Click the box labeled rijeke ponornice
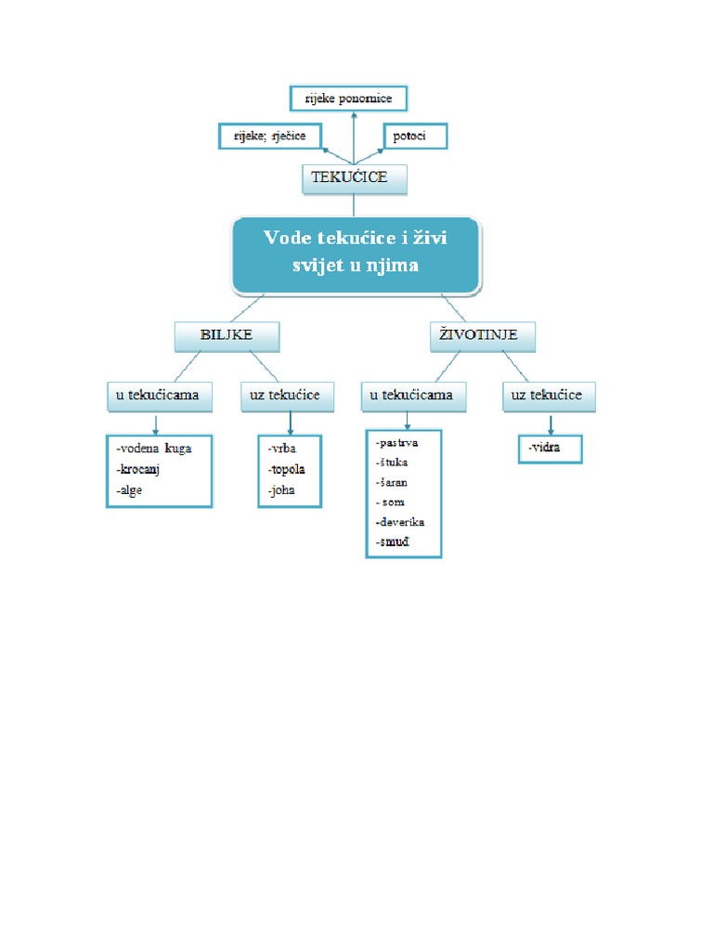click(348, 98)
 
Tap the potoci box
click(415, 137)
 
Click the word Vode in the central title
click(286, 238)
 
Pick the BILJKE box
click(227, 335)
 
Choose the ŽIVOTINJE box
click(483, 335)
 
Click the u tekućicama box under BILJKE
click(157, 396)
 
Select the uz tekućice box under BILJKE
click(285, 396)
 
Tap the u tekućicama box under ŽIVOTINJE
click(412, 396)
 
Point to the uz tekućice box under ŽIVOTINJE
click(548, 396)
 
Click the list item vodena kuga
click(154, 449)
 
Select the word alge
click(130, 490)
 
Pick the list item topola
click(287, 469)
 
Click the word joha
click(282, 490)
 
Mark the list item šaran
click(393, 482)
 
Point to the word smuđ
click(394, 541)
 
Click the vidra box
click(551, 449)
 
